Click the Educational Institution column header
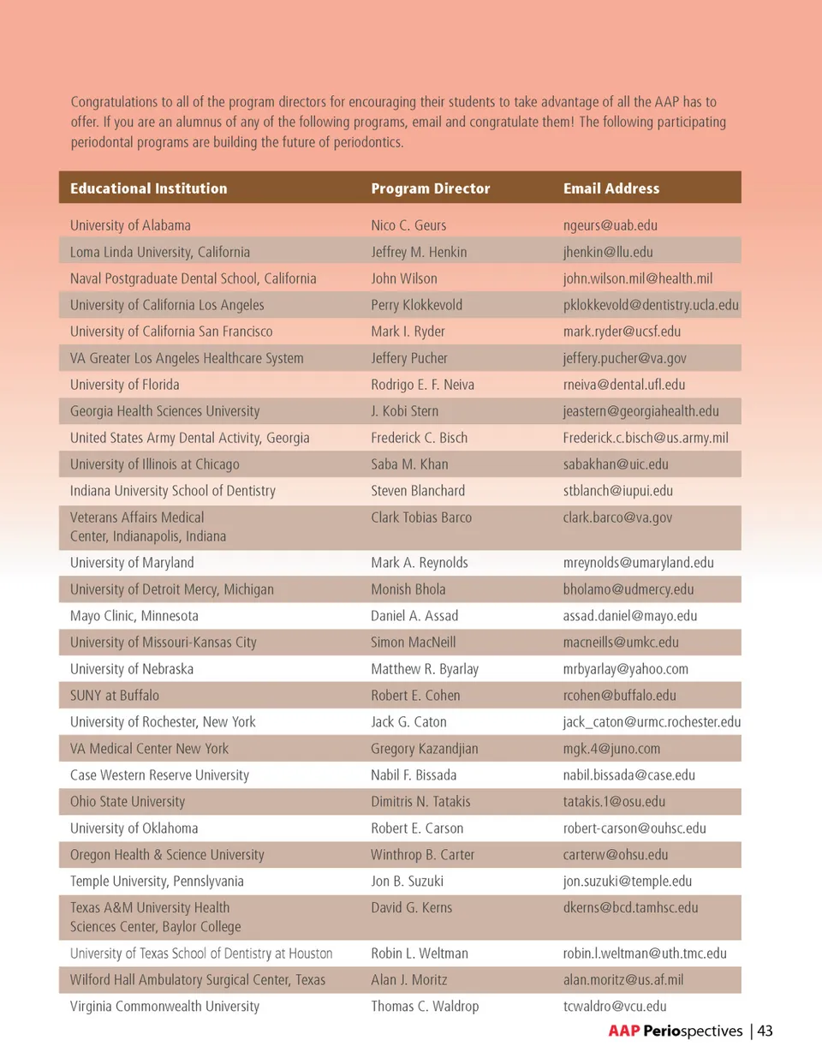point(149,188)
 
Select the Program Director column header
point(430,188)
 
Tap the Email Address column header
point(611,188)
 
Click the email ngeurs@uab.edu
point(610,225)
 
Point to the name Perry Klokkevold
point(416,305)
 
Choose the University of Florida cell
point(125,385)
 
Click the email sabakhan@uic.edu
point(616,464)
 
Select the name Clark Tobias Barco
point(421,517)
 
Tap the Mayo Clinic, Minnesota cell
point(134,616)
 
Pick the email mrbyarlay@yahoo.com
point(625,669)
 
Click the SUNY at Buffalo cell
point(115,696)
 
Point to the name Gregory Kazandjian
point(424,749)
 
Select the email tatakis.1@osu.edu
point(614,802)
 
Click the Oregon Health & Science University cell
point(167,855)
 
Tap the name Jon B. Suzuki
point(407,882)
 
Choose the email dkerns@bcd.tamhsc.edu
point(630,908)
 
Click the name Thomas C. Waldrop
point(425,1007)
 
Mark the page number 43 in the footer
point(765,1031)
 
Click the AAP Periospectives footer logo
point(676,1031)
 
